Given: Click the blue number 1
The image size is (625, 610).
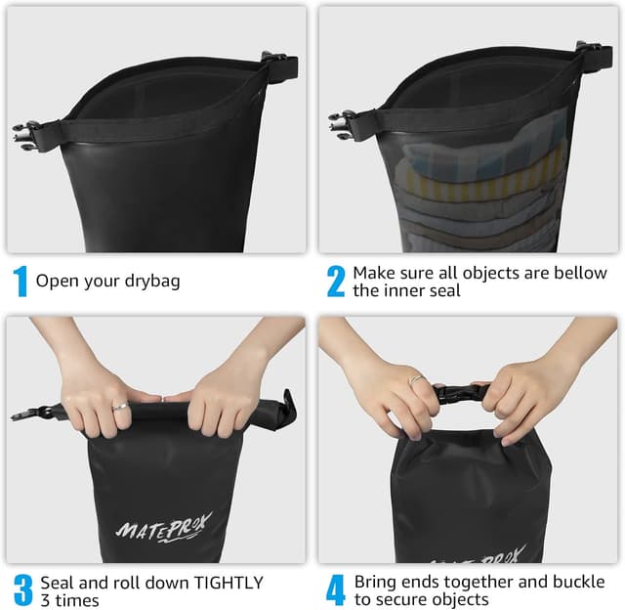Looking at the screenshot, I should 20,282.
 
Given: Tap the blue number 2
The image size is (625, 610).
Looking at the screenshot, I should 335,282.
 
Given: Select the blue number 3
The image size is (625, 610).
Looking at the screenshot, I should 22,589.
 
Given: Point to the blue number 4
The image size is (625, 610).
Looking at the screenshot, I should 335,589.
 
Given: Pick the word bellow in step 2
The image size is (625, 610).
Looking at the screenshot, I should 580,273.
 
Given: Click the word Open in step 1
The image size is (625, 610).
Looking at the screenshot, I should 56,282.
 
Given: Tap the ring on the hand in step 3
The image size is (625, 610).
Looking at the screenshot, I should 118,405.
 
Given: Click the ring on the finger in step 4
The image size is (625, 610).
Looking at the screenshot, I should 416,379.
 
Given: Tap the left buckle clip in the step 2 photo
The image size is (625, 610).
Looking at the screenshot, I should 344,124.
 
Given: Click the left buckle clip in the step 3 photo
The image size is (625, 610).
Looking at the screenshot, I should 29,414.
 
